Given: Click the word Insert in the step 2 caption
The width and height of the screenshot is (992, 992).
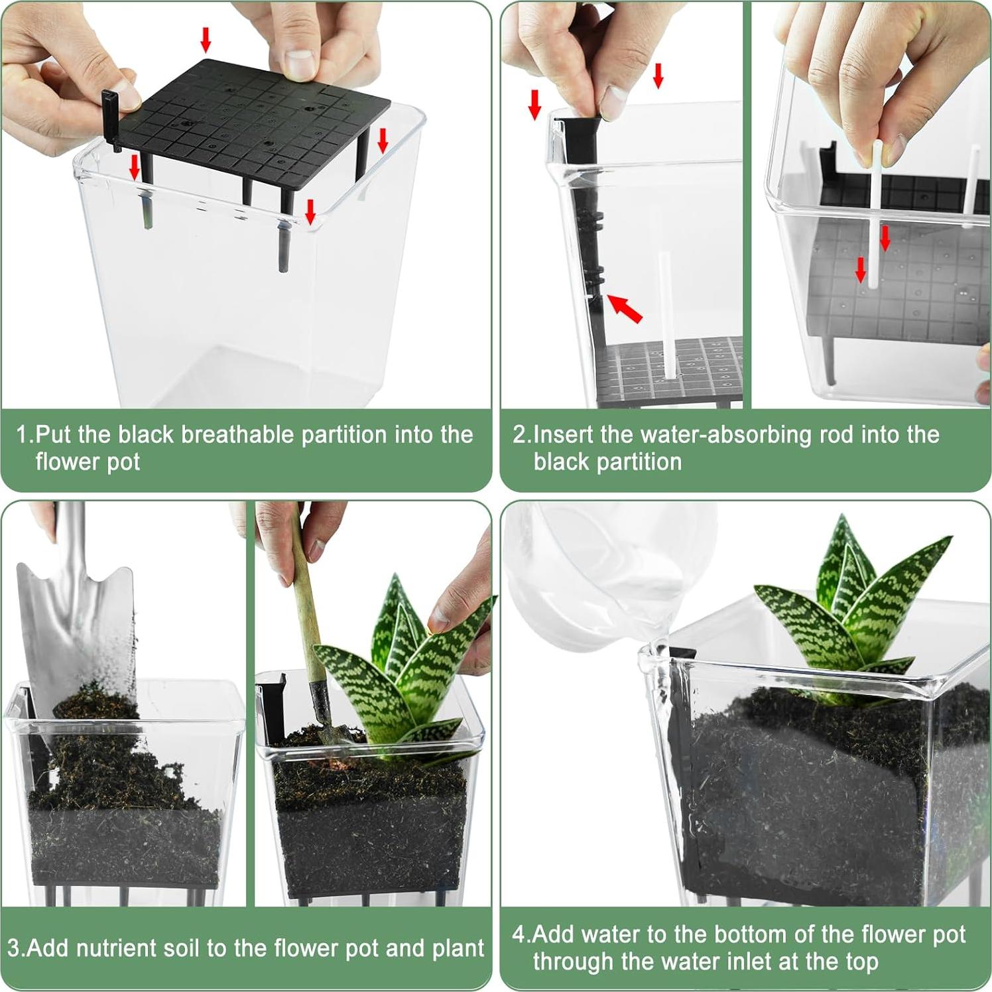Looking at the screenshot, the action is (564, 435).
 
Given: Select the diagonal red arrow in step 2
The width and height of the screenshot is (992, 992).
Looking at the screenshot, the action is (625, 308).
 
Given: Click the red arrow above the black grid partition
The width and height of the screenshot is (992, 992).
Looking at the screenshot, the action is (206, 40).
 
